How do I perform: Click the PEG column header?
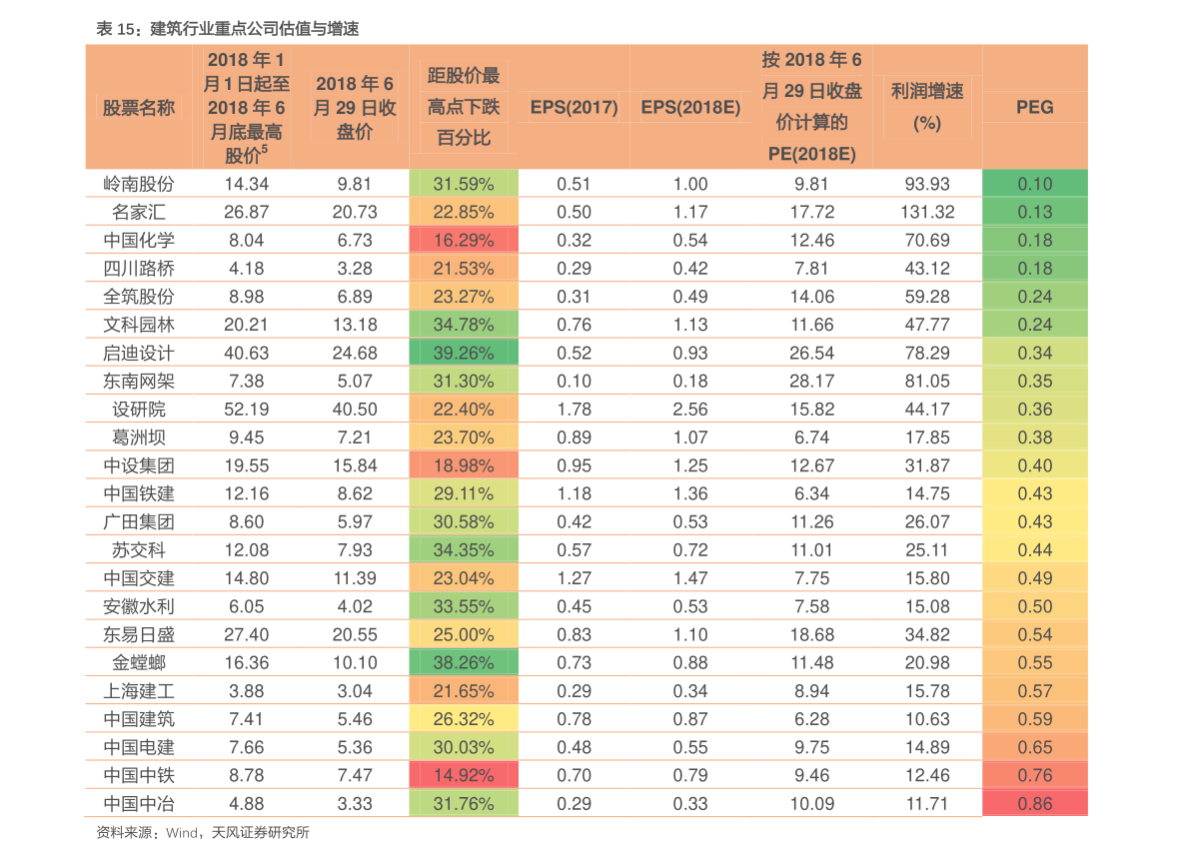(1034, 107)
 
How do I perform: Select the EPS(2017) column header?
(574, 107)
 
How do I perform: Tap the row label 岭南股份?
(139, 184)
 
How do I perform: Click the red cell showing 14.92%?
(464, 775)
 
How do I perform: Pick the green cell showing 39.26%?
(464, 353)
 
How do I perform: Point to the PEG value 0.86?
(1034, 803)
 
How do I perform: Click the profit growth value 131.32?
(927, 212)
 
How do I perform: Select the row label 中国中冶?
(139, 803)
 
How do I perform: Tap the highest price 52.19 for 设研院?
(247, 409)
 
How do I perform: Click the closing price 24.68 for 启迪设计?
(355, 353)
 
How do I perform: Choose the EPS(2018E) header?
(690, 107)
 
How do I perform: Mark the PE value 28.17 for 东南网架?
(812, 381)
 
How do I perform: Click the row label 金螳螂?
(139, 662)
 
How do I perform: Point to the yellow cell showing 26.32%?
(464, 719)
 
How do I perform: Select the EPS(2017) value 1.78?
(574, 409)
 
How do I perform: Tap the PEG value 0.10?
(1034, 184)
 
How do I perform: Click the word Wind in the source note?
(182, 833)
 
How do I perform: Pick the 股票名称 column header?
(139, 108)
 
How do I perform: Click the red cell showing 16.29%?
(464, 240)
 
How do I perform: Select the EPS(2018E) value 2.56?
(690, 409)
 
